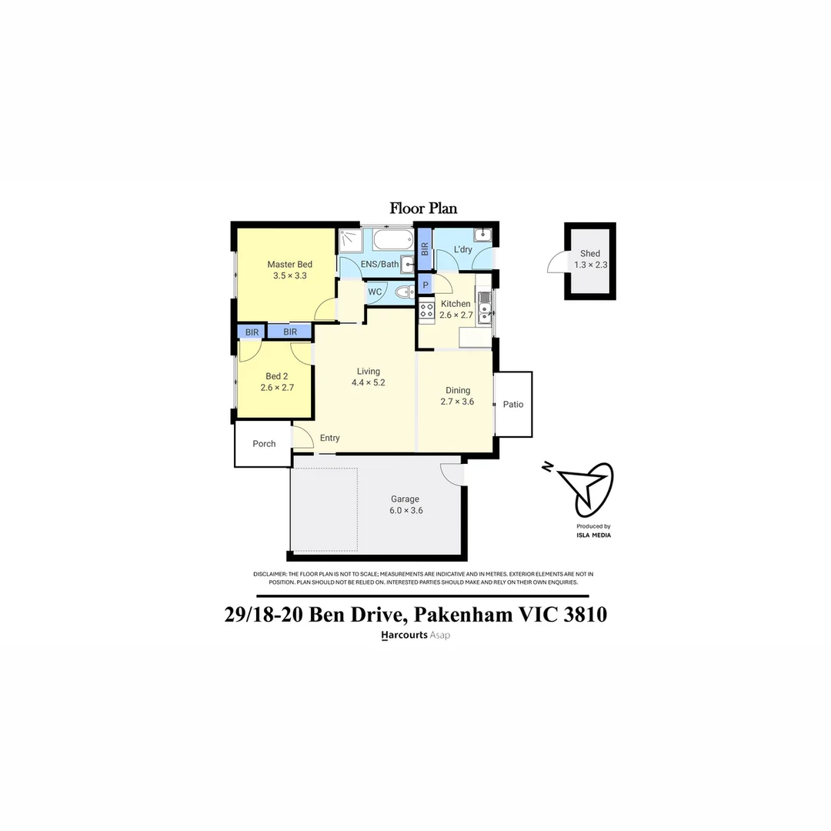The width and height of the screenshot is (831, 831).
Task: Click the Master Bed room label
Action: coord(289,265)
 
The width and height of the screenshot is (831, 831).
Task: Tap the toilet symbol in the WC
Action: coord(402,292)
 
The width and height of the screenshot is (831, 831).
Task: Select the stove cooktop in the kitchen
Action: coord(426,312)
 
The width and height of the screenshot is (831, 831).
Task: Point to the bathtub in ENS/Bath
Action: coord(392,242)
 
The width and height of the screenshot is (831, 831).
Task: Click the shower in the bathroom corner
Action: coord(349,241)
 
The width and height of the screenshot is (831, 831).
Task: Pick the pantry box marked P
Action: coord(426,285)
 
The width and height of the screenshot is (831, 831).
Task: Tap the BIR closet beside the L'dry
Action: coord(424,249)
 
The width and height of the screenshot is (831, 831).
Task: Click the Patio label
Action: coord(513,404)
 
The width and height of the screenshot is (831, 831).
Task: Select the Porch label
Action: coord(264,443)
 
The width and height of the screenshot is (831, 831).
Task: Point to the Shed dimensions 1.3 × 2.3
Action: coord(591,265)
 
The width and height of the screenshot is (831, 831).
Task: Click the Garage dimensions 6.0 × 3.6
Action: coord(406,510)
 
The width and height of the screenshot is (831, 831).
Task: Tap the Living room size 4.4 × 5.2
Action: coord(368,382)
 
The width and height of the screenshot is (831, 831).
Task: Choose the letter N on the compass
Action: coord(547,467)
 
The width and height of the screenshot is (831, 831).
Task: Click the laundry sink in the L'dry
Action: coord(482,235)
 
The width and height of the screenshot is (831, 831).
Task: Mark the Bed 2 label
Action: coord(277,376)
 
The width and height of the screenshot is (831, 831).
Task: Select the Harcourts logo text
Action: coord(404,636)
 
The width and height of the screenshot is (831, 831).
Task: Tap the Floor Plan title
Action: coord(423,208)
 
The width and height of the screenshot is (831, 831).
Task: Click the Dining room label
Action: coord(458,390)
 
